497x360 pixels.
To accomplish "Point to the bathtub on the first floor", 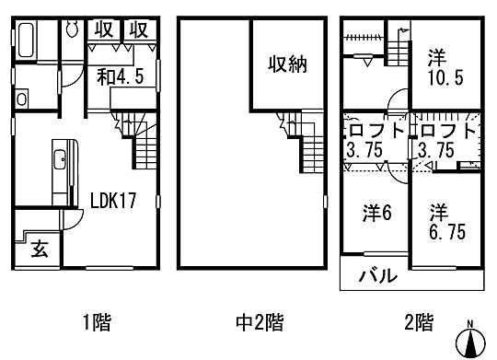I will coord(29,42).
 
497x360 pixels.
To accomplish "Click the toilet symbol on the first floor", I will coord(73,30).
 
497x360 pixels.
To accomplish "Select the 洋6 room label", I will coord(376,213).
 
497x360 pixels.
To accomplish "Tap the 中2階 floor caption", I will coord(260,322).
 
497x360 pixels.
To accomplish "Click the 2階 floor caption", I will coord(418,322).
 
